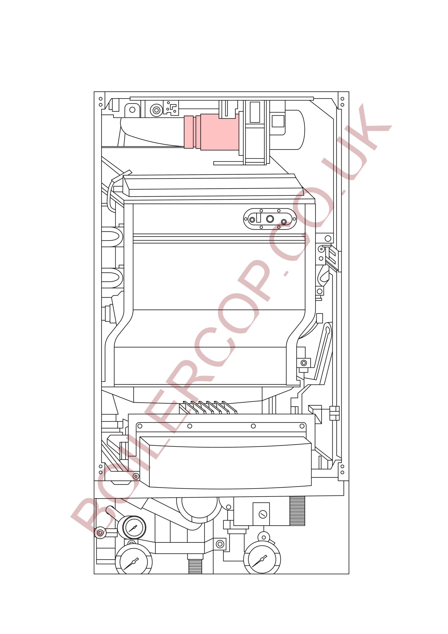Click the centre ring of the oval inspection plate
click(x=270, y=219)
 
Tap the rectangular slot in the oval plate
click(x=259, y=217)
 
